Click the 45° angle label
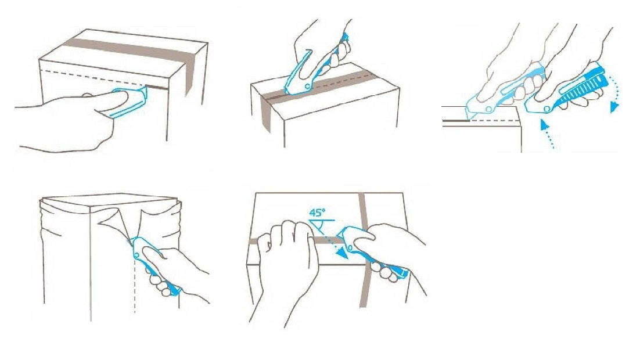[x=317, y=213]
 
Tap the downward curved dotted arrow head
[x=614, y=107]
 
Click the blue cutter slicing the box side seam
[x=128, y=103]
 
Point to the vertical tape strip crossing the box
[x=365, y=250]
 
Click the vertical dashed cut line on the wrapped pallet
[x=135, y=286]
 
